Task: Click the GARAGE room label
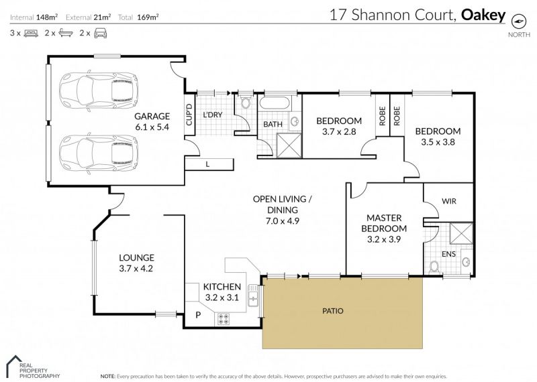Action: point(152,117)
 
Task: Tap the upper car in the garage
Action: point(98,91)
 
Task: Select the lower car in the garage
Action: point(98,153)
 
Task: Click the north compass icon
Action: point(518,21)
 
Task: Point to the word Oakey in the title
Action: point(483,15)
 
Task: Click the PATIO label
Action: point(333,311)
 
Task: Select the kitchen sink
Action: point(253,296)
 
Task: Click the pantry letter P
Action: point(198,314)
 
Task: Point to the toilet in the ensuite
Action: point(434,267)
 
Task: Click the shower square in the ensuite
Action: point(461,233)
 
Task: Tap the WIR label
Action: point(449,201)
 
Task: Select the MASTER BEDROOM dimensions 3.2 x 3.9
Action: point(384,239)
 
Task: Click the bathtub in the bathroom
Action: point(275,103)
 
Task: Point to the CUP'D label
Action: point(189,115)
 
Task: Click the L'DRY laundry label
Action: point(213,115)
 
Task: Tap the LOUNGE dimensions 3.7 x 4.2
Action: point(136,269)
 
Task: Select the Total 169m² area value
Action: point(148,17)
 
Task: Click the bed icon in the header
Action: point(31,34)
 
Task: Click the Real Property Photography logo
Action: point(34,367)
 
